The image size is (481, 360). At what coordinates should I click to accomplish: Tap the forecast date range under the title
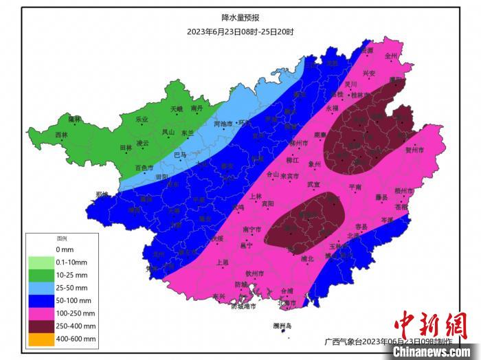pyautogui.click(x=240, y=31)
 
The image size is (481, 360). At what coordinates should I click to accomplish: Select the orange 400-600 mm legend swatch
pyautogui.click(x=41, y=339)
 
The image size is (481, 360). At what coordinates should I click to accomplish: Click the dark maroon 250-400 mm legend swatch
pyautogui.click(x=41, y=326)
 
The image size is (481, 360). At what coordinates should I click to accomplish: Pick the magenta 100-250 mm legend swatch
pyautogui.click(x=41, y=313)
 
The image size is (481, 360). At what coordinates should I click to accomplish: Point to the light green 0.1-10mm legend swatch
pyautogui.click(x=41, y=261)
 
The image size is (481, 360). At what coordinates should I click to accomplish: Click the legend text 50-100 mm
pyautogui.click(x=76, y=300)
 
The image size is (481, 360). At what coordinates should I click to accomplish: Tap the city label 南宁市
pyautogui.click(x=252, y=229)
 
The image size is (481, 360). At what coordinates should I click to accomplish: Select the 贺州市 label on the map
pyautogui.click(x=414, y=149)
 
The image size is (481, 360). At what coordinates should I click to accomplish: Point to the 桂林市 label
pyautogui.click(x=361, y=95)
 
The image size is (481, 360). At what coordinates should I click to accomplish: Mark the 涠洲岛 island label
pyautogui.click(x=282, y=325)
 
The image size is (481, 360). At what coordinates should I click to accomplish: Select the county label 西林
pyautogui.click(x=62, y=135)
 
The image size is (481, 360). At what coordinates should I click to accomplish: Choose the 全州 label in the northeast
pyautogui.click(x=391, y=56)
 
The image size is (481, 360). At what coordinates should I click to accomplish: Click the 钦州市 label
pyautogui.click(x=255, y=273)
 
